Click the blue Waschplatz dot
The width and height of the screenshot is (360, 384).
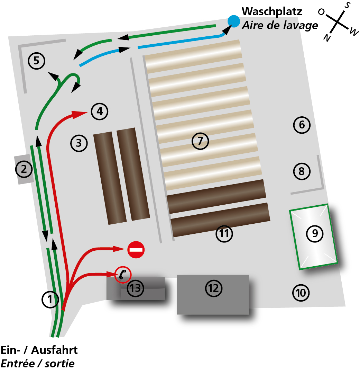[x=233, y=21]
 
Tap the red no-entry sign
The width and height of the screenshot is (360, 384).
[x=136, y=250]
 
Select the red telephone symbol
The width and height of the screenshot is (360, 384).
[x=123, y=275]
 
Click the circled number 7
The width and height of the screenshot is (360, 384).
[x=200, y=141]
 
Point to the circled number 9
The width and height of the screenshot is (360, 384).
[x=315, y=234]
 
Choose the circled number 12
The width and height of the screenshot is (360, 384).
[x=213, y=288]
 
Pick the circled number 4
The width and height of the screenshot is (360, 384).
[x=100, y=111]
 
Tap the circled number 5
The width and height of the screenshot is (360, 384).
[x=36, y=61]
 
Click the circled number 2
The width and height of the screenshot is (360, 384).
[x=24, y=169]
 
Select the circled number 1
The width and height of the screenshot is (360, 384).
[x=50, y=299]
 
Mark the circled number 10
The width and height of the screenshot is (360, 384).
[x=301, y=293]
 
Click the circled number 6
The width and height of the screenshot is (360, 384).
[x=302, y=125]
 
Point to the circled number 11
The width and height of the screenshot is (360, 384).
[x=224, y=234]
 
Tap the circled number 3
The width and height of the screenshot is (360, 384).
[x=79, y=143]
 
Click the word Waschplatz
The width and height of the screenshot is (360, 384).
[x=272, y=11]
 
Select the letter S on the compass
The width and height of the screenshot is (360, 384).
[x=347, y=5]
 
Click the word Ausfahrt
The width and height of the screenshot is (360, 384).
[x=54, y=350]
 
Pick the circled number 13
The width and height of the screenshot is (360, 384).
[x=136, y=288]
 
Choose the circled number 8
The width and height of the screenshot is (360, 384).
[x=302, y=171]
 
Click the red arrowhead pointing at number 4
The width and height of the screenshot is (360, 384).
[x=79, y=114]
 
